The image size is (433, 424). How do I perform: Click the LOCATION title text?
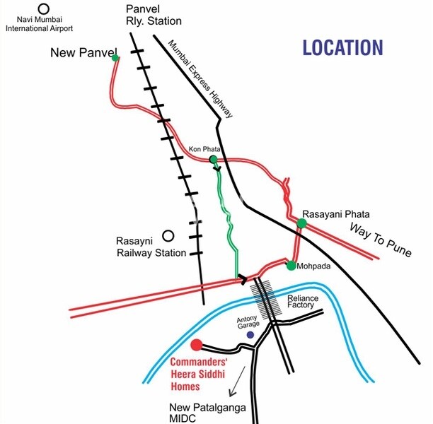[x=342, y=48]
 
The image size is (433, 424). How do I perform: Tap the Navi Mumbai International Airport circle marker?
[x=44, y=9]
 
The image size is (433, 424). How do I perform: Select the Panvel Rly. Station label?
[x=154, y=16]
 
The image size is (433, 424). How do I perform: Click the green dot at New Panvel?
[x=115, y=57]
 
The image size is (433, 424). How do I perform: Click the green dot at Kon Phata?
[x=213, y=160]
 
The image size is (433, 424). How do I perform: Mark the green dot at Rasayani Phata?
[x=302, y=223]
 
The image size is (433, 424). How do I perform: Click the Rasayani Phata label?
[x=337, y=213]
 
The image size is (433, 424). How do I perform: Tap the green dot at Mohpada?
[x=291, y=266]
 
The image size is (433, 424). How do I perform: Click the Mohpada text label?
[x=313, y=266]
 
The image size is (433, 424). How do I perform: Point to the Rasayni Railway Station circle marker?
[x=168, y=236]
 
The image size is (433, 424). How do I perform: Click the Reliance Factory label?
[x=303, y=303]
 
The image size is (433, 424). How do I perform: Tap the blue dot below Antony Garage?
[x=250, y=334]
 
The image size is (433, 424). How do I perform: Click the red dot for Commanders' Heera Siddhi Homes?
[x=197, y=345]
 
